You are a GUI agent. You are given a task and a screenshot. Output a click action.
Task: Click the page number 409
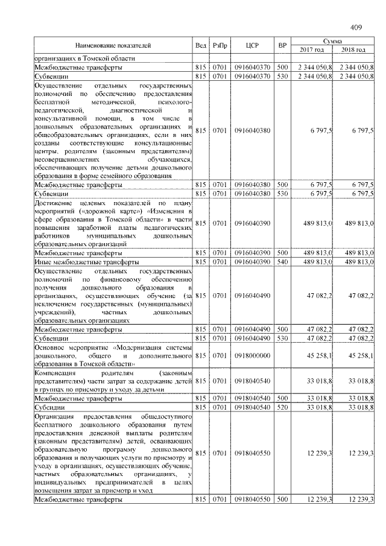click(355, 27)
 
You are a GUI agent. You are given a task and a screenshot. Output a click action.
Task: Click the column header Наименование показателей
click(113, 45)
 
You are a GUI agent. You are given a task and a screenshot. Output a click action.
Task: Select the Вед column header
click(201, 45)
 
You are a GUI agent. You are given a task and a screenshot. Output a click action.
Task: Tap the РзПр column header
click(220, 45)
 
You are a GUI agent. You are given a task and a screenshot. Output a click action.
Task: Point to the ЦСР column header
click(253, 45)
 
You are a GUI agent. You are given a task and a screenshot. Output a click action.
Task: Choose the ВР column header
click(282, 45)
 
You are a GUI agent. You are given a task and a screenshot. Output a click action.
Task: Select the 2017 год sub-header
click(312, 49)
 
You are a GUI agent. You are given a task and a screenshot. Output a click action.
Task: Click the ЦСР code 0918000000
click(253, 356)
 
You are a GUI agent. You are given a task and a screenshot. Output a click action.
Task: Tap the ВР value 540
click(282, 262)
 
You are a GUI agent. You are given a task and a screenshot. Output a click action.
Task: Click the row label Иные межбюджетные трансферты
click(87, 262)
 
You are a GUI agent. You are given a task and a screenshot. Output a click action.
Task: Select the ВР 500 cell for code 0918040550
click(282, 500)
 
